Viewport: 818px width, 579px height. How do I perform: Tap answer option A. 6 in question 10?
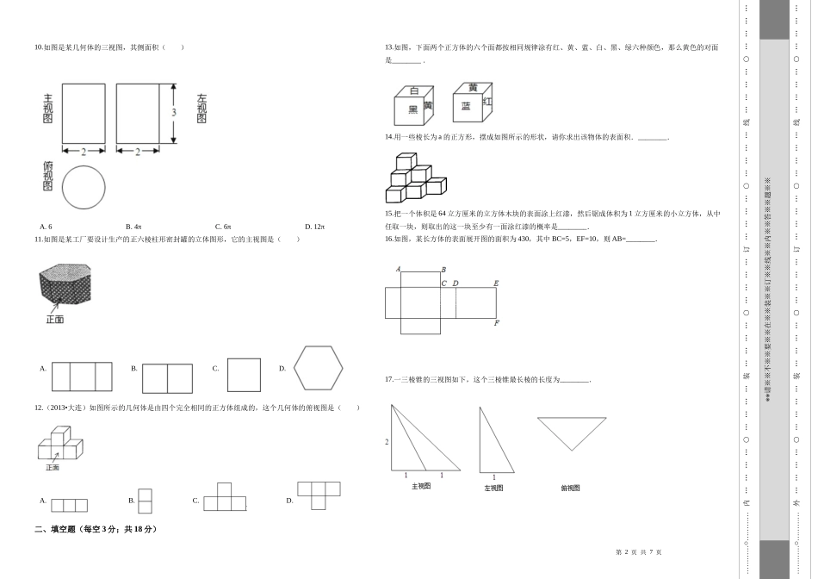46,227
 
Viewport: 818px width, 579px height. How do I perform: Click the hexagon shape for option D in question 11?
318,369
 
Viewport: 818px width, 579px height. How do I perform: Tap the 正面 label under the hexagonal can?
54,320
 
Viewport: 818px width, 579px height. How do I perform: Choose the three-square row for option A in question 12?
69,505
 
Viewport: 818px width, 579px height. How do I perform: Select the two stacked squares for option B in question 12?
145,501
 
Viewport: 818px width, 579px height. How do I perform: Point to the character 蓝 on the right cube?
466,106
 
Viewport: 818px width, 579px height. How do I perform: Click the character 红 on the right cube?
488,101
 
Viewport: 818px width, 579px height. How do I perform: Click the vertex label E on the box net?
496,283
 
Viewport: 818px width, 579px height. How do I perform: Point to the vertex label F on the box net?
497,323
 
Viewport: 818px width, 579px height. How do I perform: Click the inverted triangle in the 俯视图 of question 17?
571,432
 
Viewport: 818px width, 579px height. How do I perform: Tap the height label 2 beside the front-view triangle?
387,441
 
